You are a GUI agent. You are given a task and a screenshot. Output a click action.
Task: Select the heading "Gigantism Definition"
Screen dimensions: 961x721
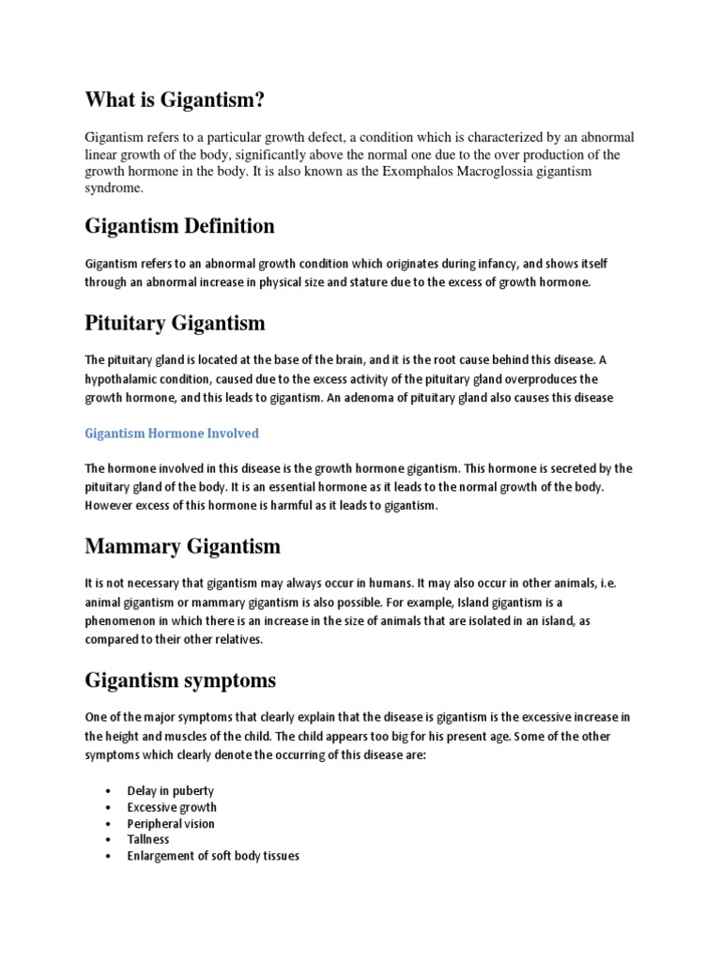click(179, 226)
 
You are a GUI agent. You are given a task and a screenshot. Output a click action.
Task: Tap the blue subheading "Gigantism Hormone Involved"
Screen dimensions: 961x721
click(172, 433)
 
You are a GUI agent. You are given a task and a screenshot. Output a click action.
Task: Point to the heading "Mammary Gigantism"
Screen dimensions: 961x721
click(182, 545)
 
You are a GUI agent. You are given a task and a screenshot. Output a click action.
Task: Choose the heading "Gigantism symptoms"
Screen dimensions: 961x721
click(180, 679)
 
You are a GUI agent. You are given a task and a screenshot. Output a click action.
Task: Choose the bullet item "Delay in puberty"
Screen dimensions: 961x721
click(171, 790)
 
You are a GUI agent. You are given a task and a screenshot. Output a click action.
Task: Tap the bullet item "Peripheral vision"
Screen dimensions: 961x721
click(171, 823)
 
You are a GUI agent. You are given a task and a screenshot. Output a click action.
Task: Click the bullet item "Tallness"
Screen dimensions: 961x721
click(148, 839)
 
